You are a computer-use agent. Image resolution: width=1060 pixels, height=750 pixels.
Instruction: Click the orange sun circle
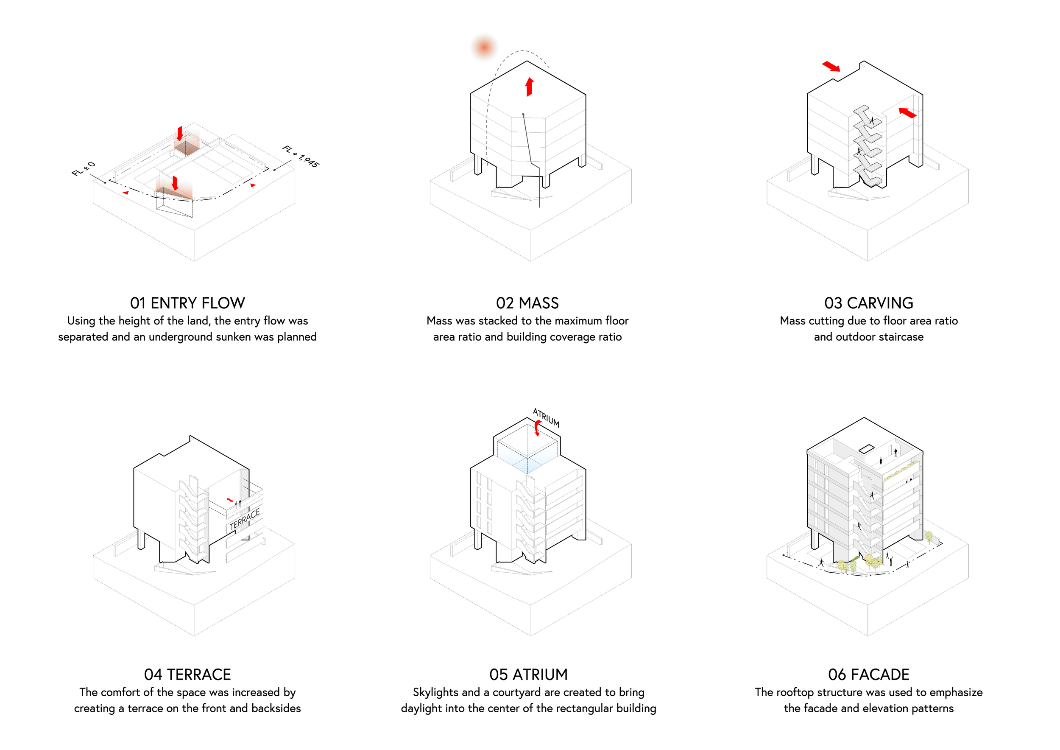(484, 47)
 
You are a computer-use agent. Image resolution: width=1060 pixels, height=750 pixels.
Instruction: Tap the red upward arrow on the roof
(529, 87)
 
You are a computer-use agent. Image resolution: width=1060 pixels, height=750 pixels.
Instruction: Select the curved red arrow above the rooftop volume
(537, 428)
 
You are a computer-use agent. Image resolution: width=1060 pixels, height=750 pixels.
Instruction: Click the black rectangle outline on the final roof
(867, 448)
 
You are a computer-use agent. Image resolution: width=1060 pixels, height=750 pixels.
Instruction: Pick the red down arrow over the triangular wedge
(175, 183)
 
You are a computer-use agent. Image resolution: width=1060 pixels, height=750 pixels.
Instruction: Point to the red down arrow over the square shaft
(180, 134)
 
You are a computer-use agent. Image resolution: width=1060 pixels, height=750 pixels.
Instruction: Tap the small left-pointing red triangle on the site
(126, 192)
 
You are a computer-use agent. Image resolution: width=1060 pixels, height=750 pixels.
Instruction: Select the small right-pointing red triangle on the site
(253, 185)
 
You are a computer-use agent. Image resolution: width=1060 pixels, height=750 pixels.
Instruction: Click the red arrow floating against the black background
(831, 67)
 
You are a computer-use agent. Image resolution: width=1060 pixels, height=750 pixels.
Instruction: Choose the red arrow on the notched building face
(907, 113)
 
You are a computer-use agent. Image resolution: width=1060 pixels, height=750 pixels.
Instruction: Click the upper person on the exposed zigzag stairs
(872, 120)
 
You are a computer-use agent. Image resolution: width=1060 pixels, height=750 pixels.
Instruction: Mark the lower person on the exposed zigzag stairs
(859, 151)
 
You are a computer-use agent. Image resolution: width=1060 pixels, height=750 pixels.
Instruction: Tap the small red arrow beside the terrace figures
(230, 500)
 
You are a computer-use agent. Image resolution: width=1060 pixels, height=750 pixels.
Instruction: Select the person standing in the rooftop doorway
(895, 452)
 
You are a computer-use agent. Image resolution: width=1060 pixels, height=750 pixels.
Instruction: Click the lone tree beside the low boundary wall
(929, 536)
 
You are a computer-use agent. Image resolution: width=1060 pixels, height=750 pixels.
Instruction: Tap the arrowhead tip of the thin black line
(523, 113)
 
